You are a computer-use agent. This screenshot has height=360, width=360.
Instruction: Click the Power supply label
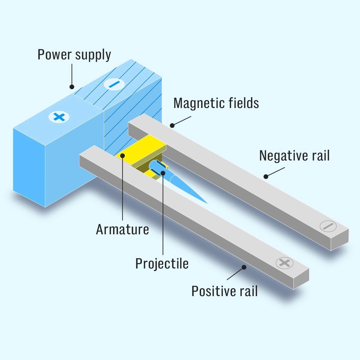(x=74, y=55)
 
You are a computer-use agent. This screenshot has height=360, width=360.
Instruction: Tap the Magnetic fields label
(x=216, y=103)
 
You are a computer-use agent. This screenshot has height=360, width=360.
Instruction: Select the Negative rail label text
(x=294, y=156)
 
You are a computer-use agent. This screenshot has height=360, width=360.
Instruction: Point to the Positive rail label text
(x=224, y=291)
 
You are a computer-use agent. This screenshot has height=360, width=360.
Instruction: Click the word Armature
(x=122, y=229)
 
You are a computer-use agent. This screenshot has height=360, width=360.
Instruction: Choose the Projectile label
(x=162, y=263)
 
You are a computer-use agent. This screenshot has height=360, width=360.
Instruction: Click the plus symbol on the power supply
(x=59, y=117)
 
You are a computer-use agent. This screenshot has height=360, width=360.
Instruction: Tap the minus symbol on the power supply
(x=114, y=84)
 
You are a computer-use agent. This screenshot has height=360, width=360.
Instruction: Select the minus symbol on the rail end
(x=328, y=226)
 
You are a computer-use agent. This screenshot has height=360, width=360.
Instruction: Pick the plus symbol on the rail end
(x=284, y=263)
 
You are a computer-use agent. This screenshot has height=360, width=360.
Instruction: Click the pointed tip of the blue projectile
(x=206, y=203)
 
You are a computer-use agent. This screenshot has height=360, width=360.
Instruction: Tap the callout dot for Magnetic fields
(x=172, y=125)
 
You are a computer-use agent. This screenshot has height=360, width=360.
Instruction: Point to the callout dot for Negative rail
(x=266, y=176)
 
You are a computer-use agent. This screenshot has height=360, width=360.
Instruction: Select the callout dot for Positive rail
(x=244, y=267)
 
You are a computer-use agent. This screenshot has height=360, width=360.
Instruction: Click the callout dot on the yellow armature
(x=122, y=155)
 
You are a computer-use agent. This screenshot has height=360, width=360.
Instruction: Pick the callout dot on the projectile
(x=163, y=173)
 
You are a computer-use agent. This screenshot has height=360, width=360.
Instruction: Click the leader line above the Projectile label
(x=163, y=216)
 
